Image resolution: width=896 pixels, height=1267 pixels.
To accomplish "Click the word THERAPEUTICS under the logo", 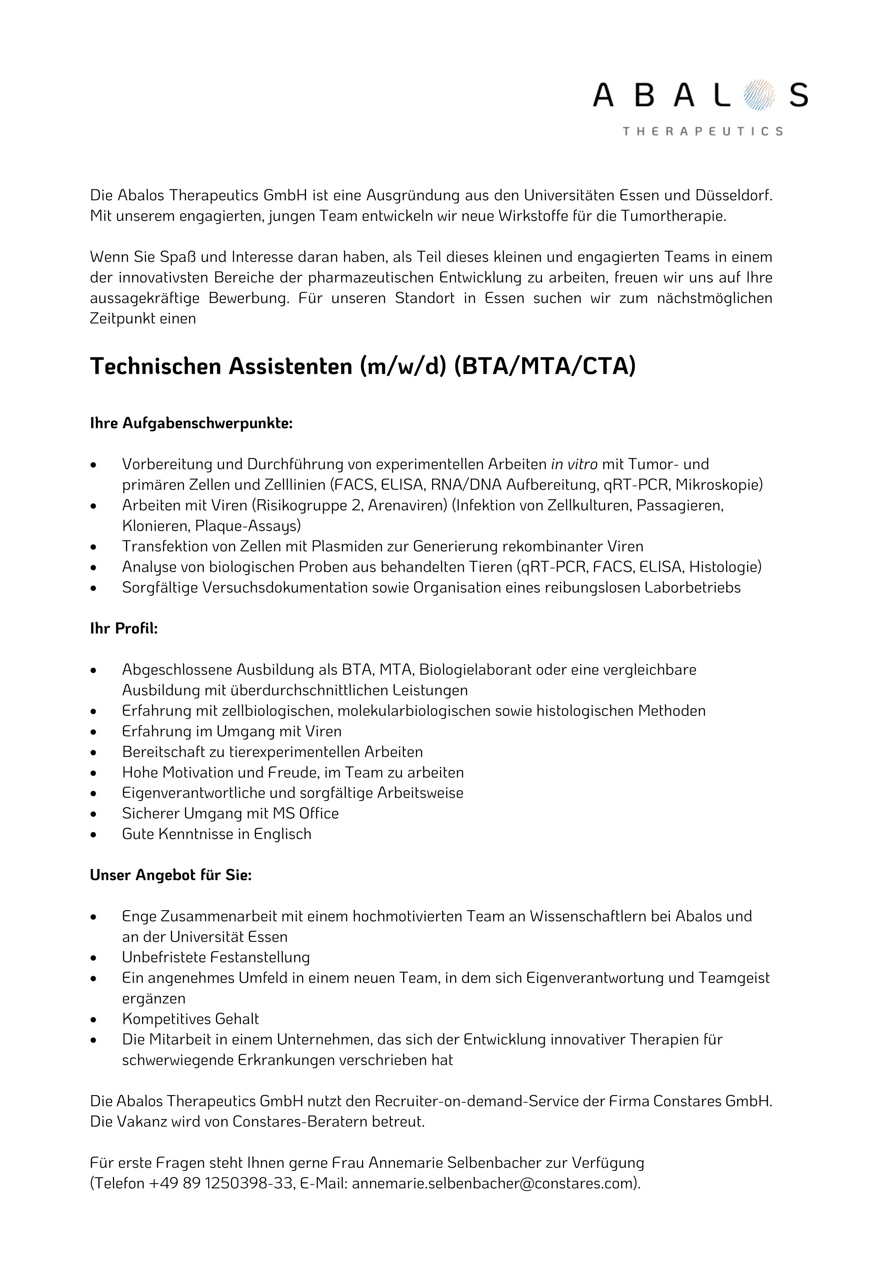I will click(702, 131).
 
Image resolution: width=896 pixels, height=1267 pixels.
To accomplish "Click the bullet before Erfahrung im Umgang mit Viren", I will click(94, 732).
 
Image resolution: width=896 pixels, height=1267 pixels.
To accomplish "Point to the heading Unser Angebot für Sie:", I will click(171, 876).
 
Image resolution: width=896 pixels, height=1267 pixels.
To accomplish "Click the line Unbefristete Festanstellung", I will click(216, 957).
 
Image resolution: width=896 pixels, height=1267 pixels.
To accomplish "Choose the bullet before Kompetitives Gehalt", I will click(94, 1020).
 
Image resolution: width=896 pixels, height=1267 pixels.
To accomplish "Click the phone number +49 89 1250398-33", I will click(221, 1184).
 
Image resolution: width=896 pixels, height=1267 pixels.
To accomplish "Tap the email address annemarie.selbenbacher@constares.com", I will click(494, 1184).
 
